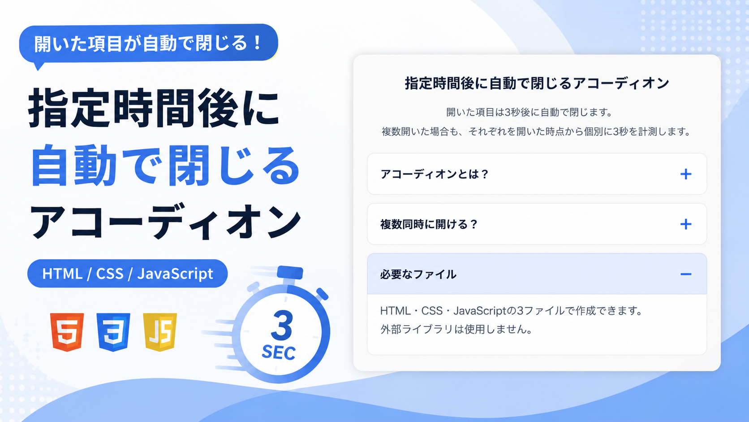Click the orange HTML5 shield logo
pos(67,332)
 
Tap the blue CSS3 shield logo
pos(113,332)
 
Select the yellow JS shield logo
pos(160,332)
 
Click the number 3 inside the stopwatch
pos(281,325)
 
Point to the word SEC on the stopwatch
pos(279,352)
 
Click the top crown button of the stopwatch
pos(290,272)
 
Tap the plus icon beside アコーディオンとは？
pos(686,174)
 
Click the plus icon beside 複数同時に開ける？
pos(686,224)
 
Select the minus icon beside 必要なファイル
pos(686,274)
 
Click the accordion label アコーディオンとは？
pos(435,174)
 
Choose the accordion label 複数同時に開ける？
pos(429,224)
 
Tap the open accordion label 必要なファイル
pos(418,274)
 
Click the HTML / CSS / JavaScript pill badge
pos(127,274)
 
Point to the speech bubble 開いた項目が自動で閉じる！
pos(148,43)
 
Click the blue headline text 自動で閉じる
pos(165,165)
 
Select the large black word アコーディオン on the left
pos(165,222)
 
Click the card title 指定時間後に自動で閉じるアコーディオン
pos(537,83)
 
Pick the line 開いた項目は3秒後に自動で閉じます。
pos(529,112)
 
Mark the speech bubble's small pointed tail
pos(39,66)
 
